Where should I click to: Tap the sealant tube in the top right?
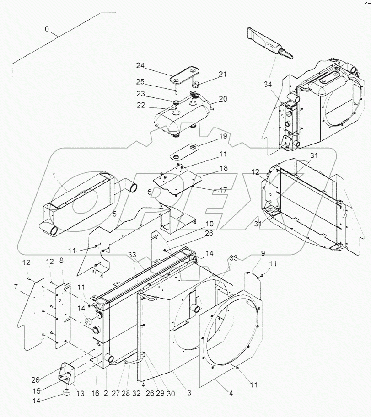270,46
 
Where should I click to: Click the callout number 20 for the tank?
222,99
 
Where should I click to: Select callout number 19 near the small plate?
222,136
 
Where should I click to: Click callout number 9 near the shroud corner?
250,253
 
